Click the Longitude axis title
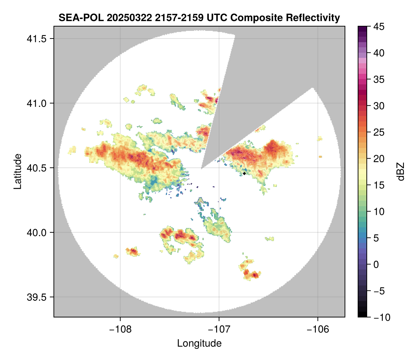[199, 343]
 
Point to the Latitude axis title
[17, 171]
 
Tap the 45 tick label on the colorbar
[377, 27]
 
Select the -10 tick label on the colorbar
[380, 317]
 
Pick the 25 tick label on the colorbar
[377, 132]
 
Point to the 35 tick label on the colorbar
[377, 79]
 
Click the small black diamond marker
[245, 173]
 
